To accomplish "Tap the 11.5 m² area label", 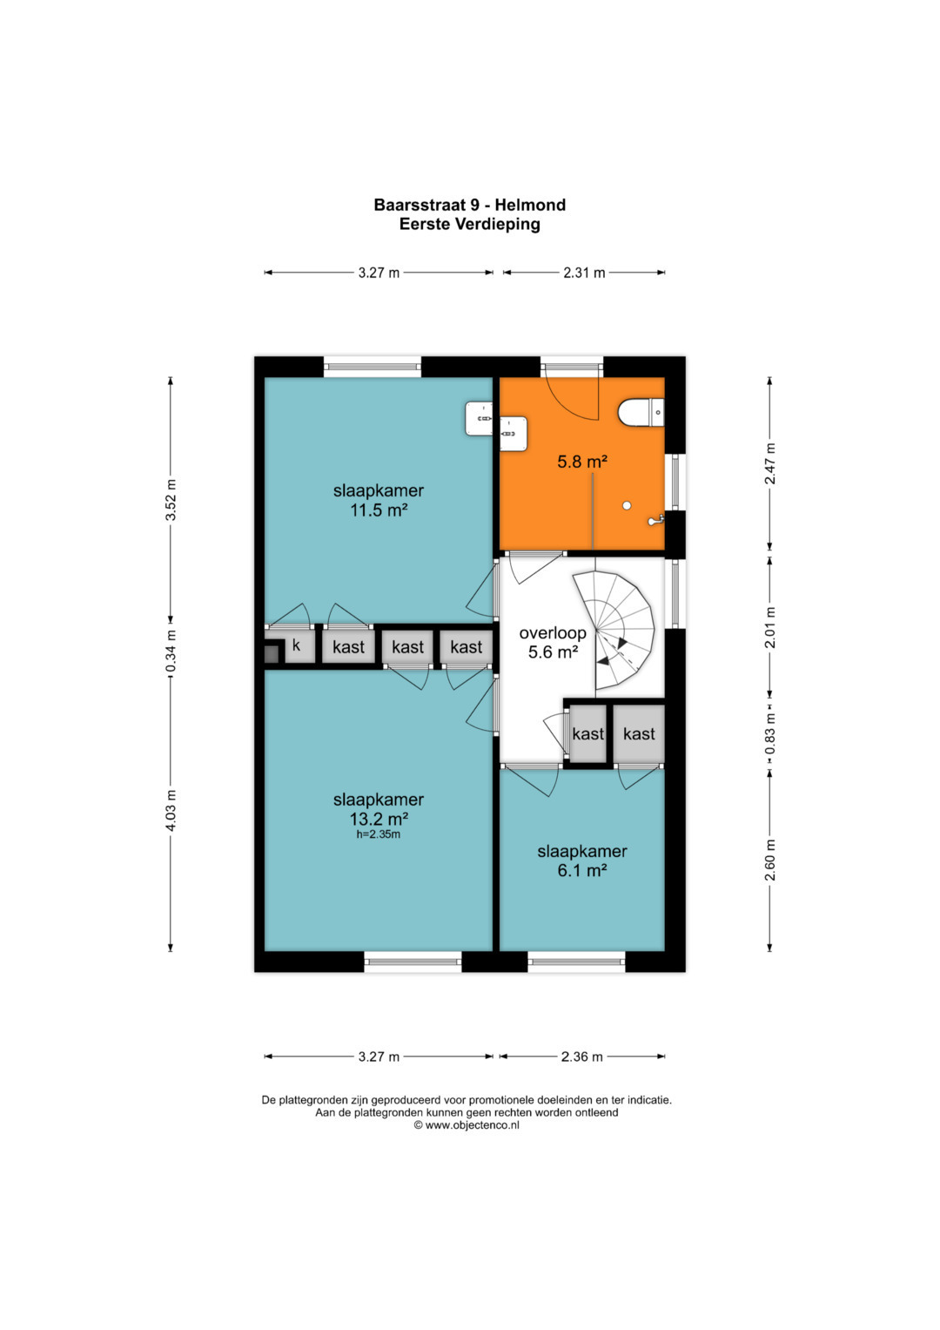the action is click(379, 510).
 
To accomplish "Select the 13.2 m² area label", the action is click(379, 819).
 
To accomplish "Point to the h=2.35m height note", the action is click(379, 834).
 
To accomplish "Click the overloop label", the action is click(553, 633).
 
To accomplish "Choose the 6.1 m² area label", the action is click(581, 870).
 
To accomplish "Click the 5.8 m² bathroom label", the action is click(582, 462).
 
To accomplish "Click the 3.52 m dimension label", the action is click(171, 499).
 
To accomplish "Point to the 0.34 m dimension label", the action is click(171, 651).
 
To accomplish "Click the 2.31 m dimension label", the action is click(584, 273).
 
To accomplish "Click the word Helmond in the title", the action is click(531, 205).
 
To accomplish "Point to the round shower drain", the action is click(627, 506).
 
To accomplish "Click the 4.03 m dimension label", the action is click(171, 811).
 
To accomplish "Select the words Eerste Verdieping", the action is click(469, 224).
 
